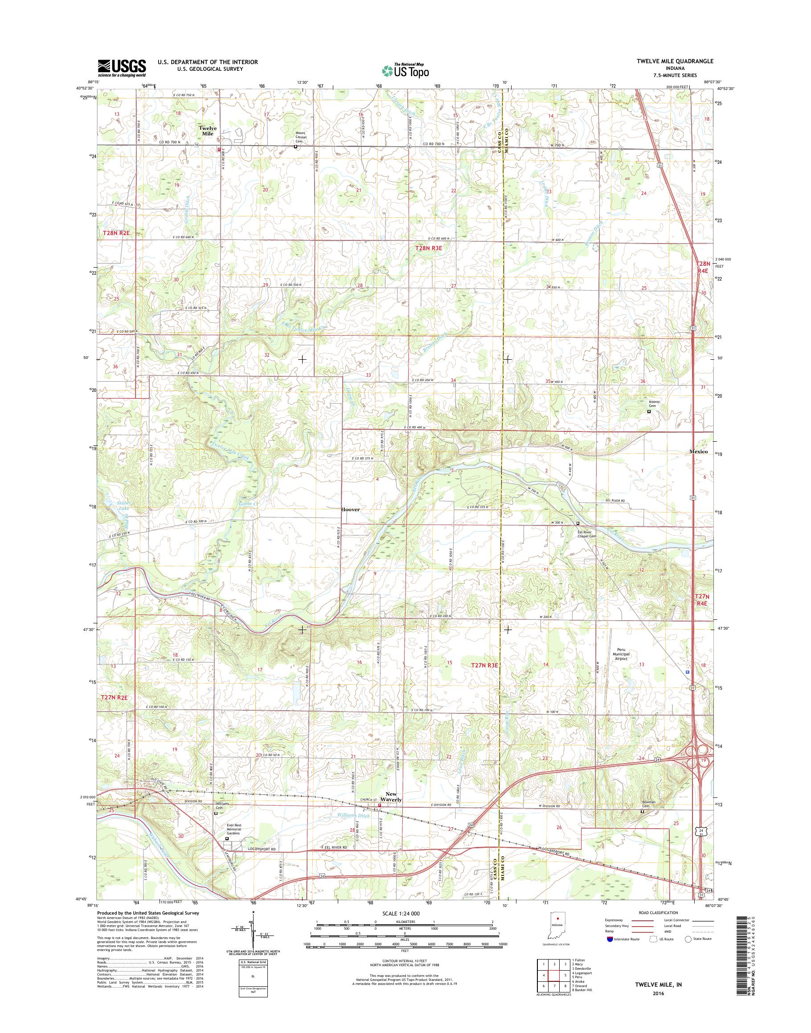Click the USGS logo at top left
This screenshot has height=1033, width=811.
pyautogui.click(x=122, y=68)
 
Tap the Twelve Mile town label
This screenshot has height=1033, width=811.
pyautogui.click(x=208, y=131)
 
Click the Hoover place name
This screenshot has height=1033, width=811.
pyautogui.click(x=350, y=510)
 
